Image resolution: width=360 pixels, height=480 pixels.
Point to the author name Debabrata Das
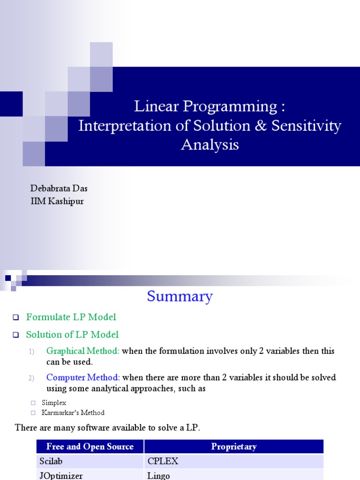coord(59,188)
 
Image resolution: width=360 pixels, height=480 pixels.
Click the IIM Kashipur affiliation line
coord(57,202)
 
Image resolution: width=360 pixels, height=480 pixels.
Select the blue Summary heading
coord(180,296)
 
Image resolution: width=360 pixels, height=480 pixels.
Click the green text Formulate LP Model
coord(71,317)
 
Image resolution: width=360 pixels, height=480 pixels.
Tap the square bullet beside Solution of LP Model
coord(15,335)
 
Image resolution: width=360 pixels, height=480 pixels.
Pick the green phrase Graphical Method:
coord(83,351)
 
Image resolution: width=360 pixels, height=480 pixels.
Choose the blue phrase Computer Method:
coord(83,378)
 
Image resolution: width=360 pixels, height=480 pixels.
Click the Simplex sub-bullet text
coord(54,403)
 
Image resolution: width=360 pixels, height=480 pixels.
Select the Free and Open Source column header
coord(90,447)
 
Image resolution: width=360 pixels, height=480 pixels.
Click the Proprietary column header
coord(233,447)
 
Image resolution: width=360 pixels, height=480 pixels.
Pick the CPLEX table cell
coord(163,461)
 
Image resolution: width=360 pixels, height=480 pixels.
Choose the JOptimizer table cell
coord(61,475)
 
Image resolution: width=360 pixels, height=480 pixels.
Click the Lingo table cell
coord(158,475)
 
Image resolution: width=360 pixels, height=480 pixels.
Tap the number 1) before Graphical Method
coord(32,352)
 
